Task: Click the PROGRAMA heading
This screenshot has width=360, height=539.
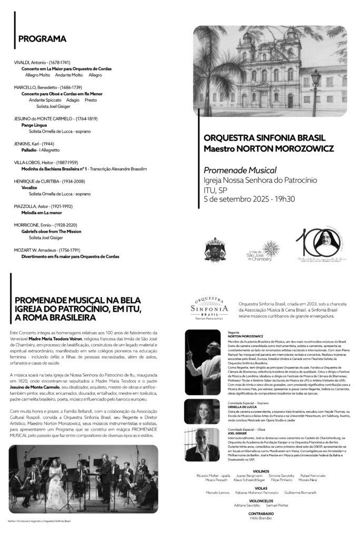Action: [x=42, y=39]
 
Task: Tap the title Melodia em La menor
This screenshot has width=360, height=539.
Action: [x=42, y=213]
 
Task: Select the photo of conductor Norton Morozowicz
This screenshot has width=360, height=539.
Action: [x=203, y=363]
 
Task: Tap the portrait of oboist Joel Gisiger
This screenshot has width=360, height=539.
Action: [x=203, y=444]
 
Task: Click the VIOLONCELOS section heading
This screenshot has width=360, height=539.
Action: [x=262, y=501]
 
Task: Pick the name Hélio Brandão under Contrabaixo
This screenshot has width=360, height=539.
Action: [x=262, y=518]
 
